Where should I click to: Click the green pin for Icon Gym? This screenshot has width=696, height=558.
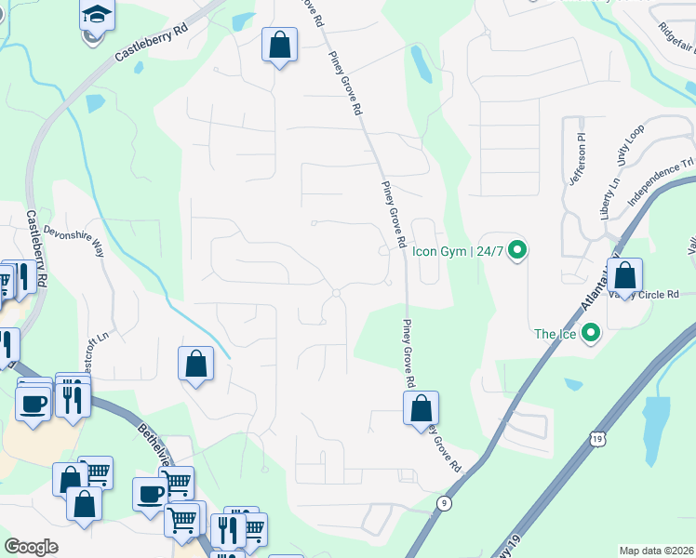(x=519, y=250)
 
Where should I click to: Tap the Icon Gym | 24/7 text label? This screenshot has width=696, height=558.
(x=460, y=251)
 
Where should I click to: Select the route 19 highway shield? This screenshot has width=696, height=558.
(x=593, y=436)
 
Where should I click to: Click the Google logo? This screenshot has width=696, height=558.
(x=32, y=546)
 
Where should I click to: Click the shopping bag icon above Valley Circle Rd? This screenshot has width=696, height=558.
(x=625, y=275)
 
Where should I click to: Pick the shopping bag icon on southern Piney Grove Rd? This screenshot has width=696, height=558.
(x=421, y=407)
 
